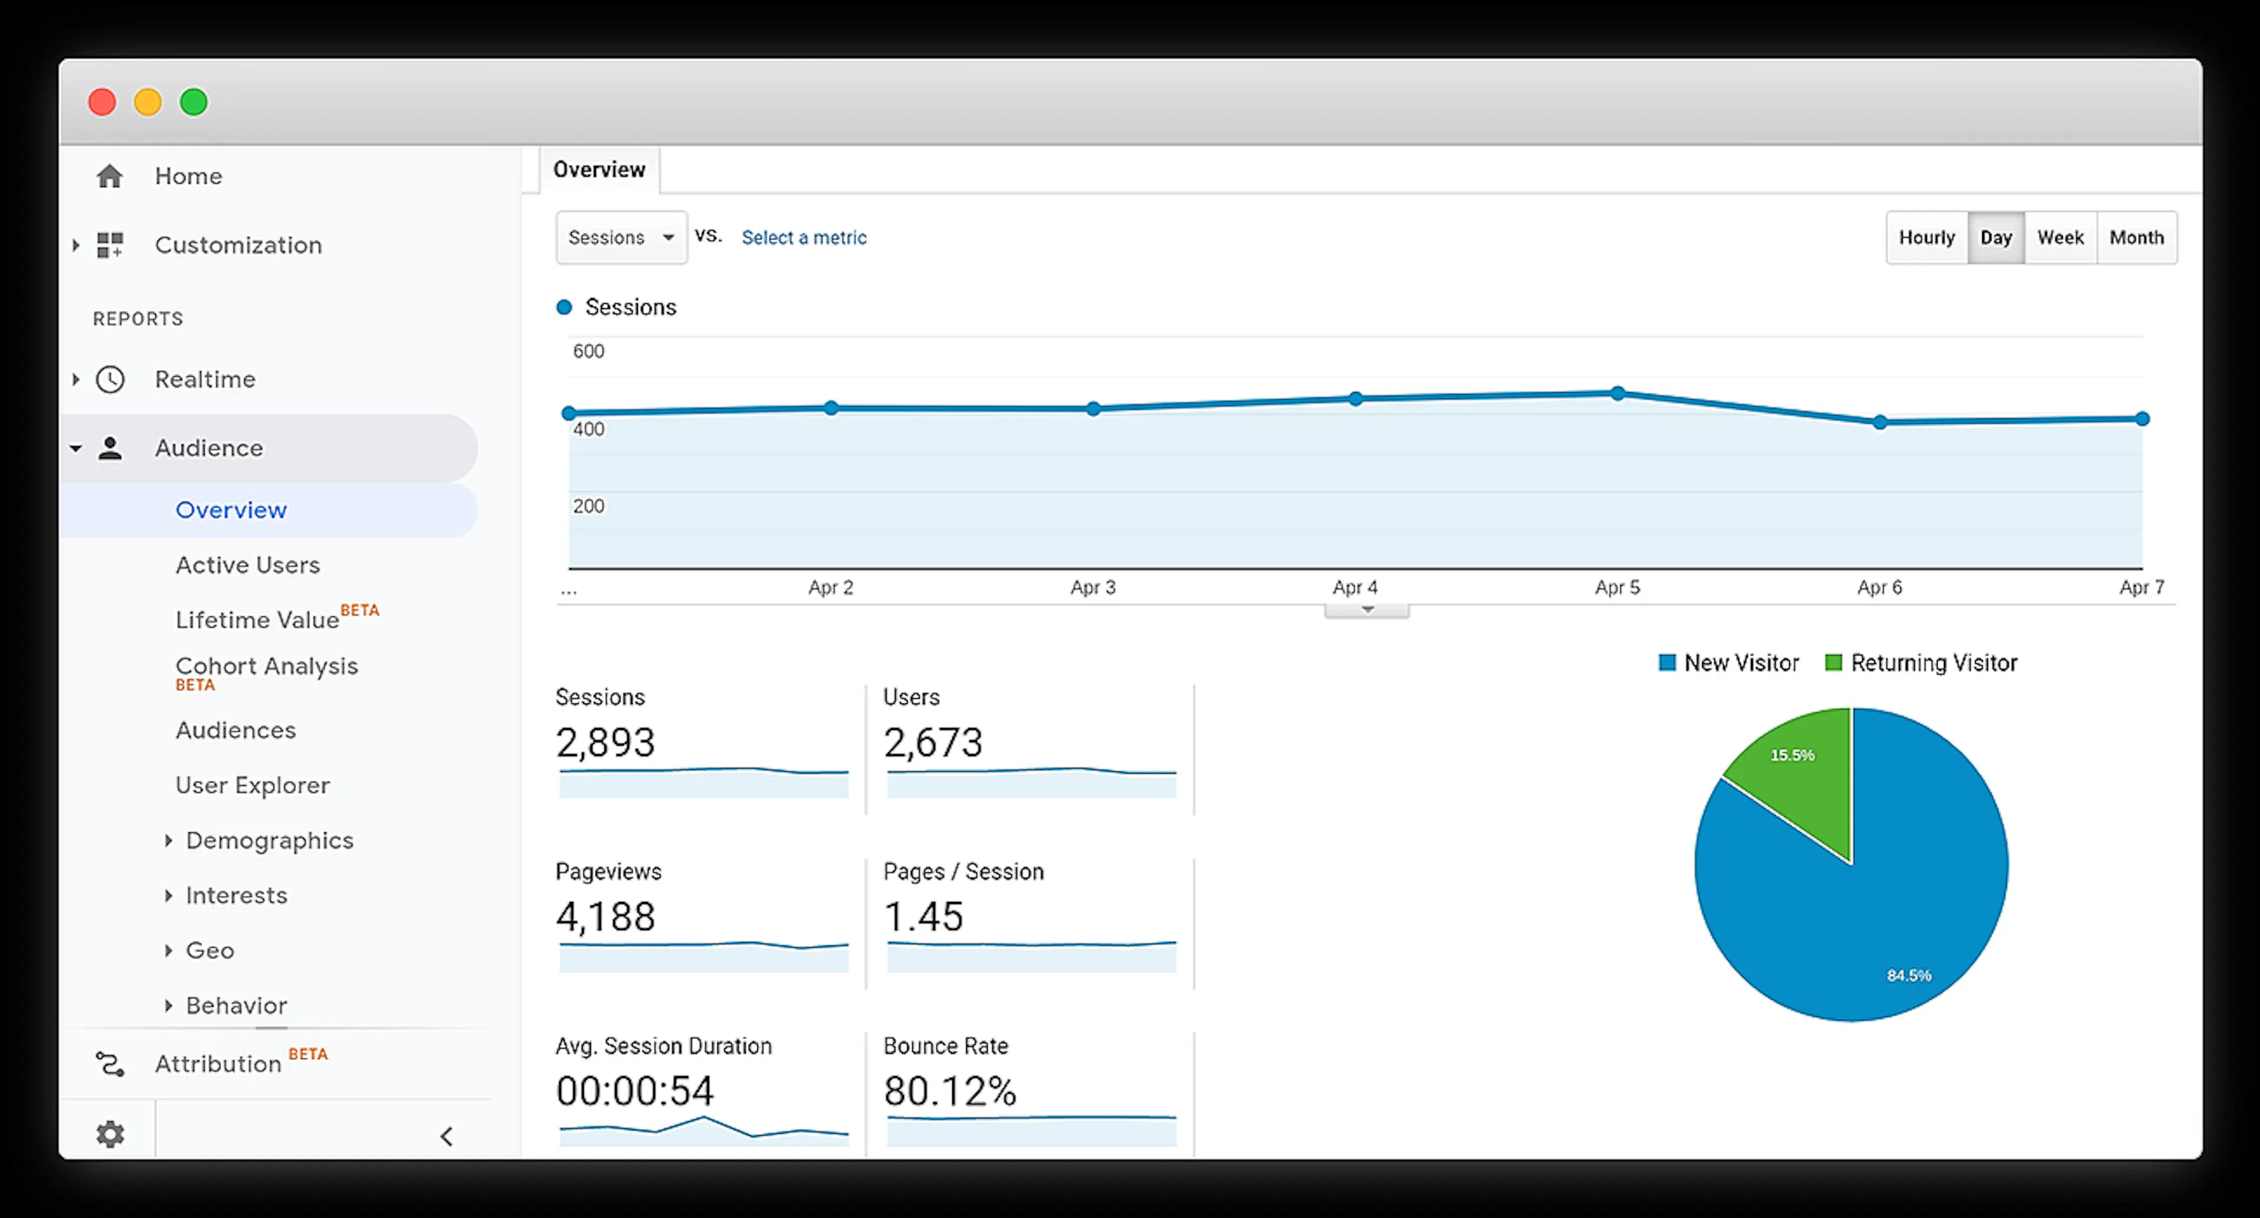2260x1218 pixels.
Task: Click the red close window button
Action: (x=102, y=102)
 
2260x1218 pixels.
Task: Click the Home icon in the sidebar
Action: (x=109, y=177)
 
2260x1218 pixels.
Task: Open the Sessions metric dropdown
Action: (x=621, y=237)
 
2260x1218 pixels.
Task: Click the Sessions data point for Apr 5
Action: (x=1617, y=393)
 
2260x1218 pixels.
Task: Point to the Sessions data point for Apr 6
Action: (x=1879, y=422)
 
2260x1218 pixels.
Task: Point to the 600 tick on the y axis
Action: (x=589, y=351)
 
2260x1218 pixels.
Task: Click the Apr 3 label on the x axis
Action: (x=1092, y=587)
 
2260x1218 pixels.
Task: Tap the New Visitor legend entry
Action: (x=1729, y=662)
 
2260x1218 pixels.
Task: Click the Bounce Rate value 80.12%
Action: (x=949, y=1091)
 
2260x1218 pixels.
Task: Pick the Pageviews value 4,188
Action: (x=606, y=917)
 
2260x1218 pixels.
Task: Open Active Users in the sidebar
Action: (x=247, y=565)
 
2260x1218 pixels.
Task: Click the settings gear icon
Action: (x=109, y=1134)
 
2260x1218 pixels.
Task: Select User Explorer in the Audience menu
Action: (x=252, y=785)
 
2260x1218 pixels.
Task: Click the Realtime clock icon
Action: (x=109, y=379)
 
